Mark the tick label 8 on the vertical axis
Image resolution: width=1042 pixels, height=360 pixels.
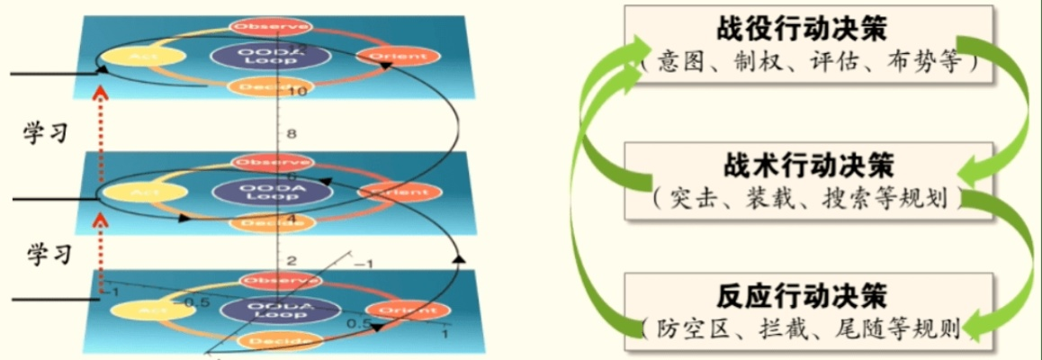291,134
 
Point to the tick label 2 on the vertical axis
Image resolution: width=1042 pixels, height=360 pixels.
291,260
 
